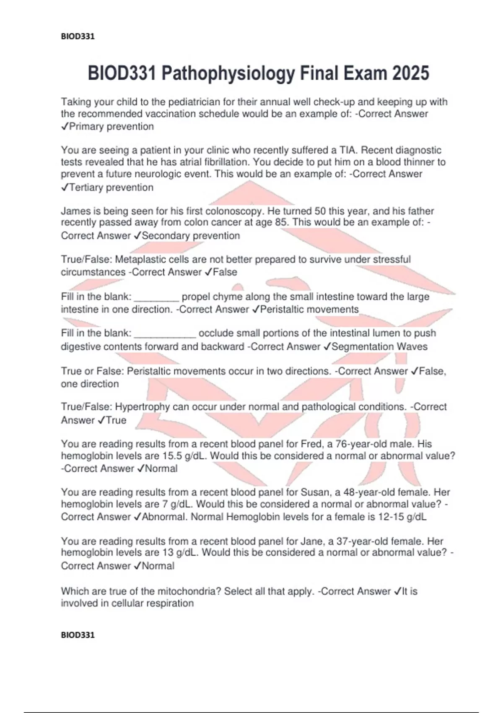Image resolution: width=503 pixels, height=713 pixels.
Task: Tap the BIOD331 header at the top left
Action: click(x=78, y=36)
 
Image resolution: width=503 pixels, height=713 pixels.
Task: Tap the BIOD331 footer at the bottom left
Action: click(x=78, y=635)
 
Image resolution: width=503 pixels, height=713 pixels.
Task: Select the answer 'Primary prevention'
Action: click(x=111, y=127)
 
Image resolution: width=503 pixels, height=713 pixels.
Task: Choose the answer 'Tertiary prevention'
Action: click(x=111, y=187)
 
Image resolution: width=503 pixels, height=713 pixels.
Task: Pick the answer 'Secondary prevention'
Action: click(x=191, y=236)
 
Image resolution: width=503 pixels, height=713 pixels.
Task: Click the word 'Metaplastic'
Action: click(x=140, y=260)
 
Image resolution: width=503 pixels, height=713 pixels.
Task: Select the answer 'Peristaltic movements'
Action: click(x=309, y=310)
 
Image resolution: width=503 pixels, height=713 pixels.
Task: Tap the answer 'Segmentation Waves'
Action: click(x=379, y=347)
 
